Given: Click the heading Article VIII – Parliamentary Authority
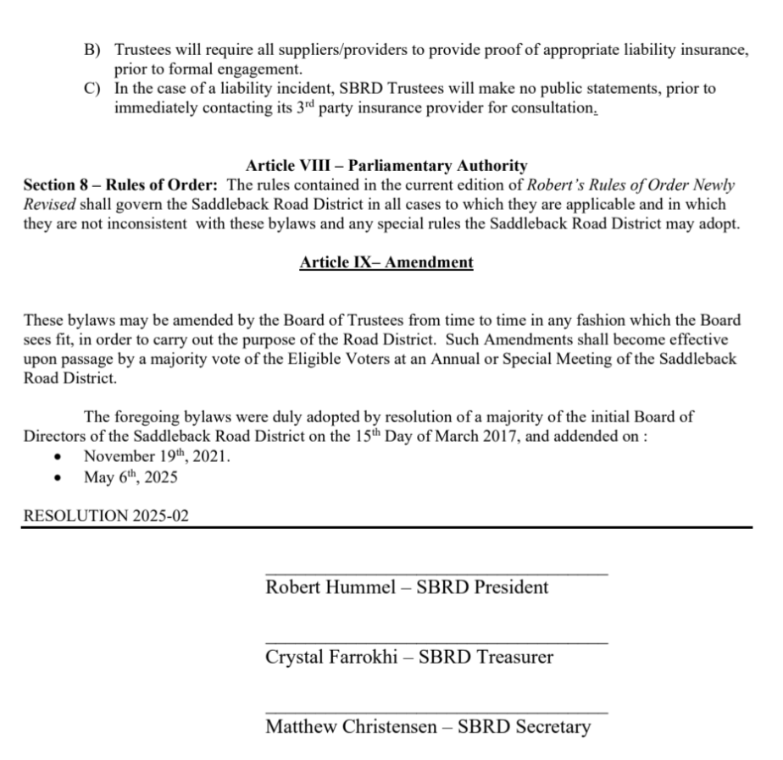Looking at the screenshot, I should click(386, 166).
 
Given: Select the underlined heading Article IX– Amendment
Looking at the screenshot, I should click(386, 262).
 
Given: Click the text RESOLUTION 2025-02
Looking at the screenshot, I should click(106, 515).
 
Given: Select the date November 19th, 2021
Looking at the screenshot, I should click(157, 457).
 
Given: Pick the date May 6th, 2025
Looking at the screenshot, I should click(130, 476).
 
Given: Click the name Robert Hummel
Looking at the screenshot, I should click(330, 587).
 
